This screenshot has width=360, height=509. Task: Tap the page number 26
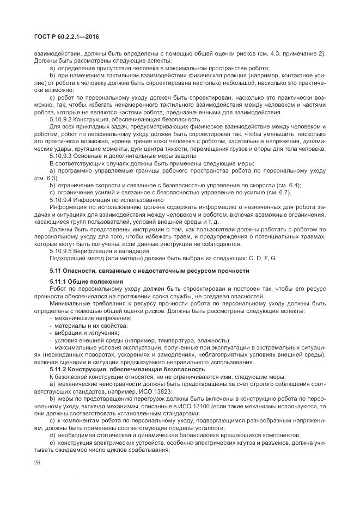point(38,463)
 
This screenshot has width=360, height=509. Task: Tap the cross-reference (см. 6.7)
point(277,193)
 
